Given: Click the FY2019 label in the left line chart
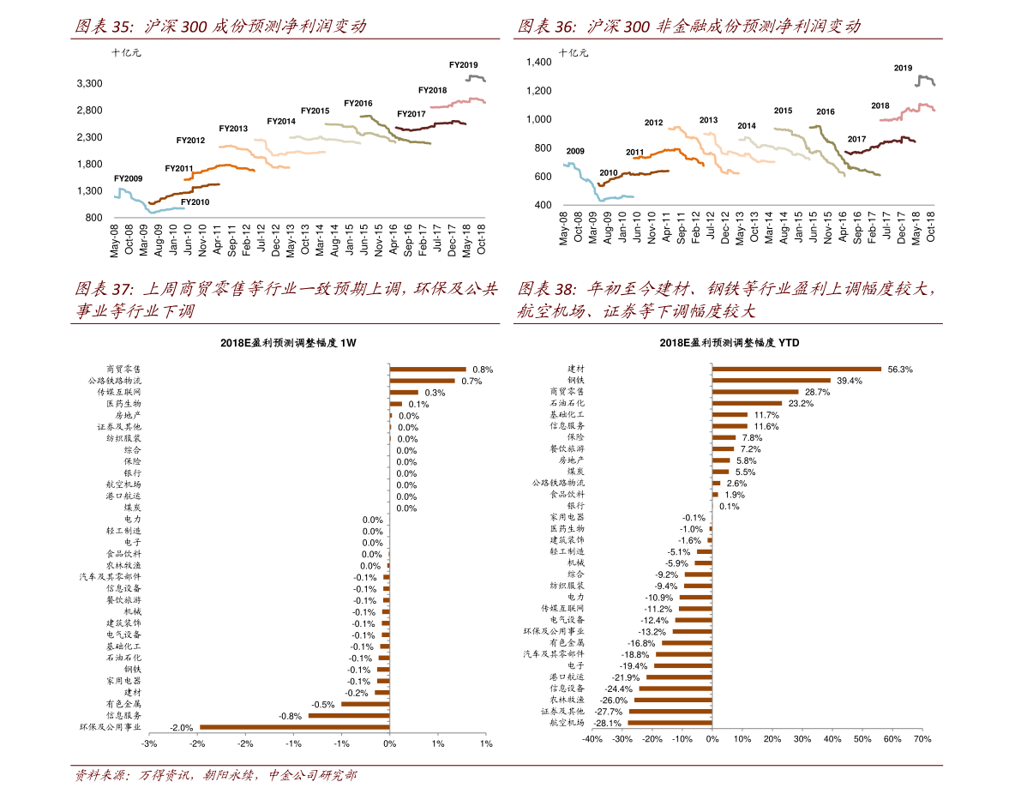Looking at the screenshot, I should pyautogui.click(x=464, y=65).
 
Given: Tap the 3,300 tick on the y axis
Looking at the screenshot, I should pyautogui.click(x=90, y=83).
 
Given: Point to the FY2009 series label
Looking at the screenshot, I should pyautogui.click(x=129, y=178).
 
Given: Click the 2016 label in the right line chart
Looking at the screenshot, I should pyautogui.click(x=825, y=111).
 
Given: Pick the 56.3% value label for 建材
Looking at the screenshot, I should pyautogui.click(x=900, y=370).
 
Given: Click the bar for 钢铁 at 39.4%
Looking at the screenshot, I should pyautogui.click(x=772, y=380).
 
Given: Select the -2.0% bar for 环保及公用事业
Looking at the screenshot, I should pyautogui.click(x=294, y=727).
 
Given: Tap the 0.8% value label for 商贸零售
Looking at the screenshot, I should pyautogui.click(x=483, y=370).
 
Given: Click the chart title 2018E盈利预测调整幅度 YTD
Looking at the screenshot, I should pyautogui.click(x=730, y=342).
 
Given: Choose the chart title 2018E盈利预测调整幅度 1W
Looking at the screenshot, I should pyautogui.click(x=287, y=342).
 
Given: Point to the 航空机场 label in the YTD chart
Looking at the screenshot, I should pyautogui.click(x=567, y=723).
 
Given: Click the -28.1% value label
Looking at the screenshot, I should pyautogui.click(x=607, y=723).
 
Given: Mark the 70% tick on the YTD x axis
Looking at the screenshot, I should pyautogui.click(x=922, y=739).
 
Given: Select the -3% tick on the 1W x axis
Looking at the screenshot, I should pyautogui.click(x=149, y=743).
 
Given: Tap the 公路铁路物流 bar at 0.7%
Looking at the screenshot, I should pyautogui.click(x=422, y=381).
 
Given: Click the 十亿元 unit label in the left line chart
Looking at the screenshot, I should pyautogui.click(x=126, y=52).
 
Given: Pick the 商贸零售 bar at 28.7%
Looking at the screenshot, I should pyautogui.click(x=755, y=392).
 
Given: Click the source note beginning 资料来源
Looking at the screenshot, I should pyautogui.click(x=215, y=776).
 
